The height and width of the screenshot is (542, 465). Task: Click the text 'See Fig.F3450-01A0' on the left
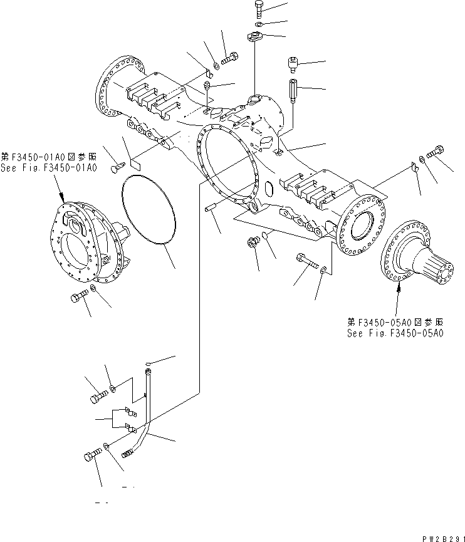coord(49,168)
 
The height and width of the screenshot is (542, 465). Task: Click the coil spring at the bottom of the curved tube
coord(129,451)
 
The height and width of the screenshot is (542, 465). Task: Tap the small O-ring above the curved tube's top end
coord(149,363)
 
